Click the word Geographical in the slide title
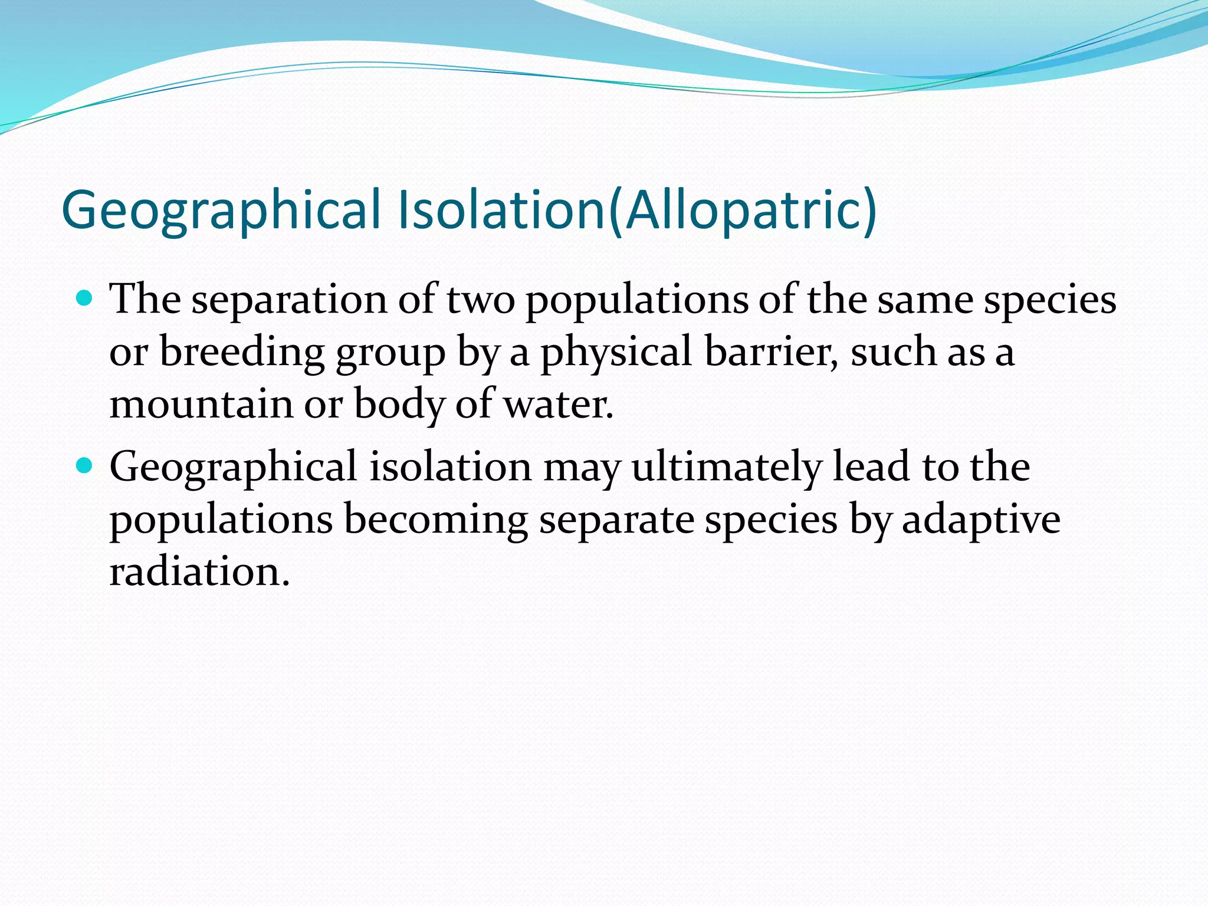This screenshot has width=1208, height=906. coord(221,210)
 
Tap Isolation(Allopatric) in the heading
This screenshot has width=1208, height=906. coord(638,210)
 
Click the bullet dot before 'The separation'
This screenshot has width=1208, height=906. coord(86,298)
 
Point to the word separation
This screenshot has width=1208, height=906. coord(289,300)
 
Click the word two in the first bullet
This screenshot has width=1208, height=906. coord(480,300)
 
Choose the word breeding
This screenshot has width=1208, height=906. coord(242,352)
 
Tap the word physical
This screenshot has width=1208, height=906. coord(616,352)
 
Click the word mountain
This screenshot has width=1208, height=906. coord(201,405)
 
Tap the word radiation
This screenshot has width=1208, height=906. coord(199,572)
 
